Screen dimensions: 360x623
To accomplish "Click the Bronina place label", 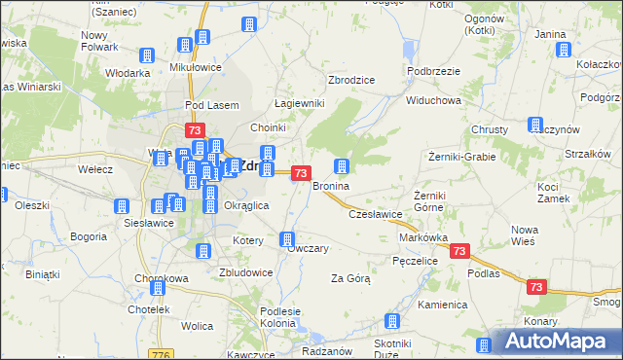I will point(330,185).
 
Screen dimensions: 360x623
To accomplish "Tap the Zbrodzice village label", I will point(352,80).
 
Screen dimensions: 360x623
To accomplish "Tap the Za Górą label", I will point(350,278).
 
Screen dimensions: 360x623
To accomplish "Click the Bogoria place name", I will point(89,236).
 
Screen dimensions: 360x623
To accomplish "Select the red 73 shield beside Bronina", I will point(302,173).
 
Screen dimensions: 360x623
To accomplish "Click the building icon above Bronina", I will point(342,166).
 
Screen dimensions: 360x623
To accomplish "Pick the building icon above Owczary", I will point(287,238).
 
